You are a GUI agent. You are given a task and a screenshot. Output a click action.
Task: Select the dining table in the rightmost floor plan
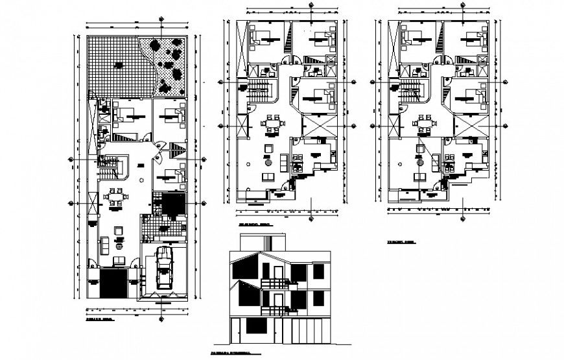(424, 122)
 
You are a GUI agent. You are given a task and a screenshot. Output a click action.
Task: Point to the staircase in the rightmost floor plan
(411, 91)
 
